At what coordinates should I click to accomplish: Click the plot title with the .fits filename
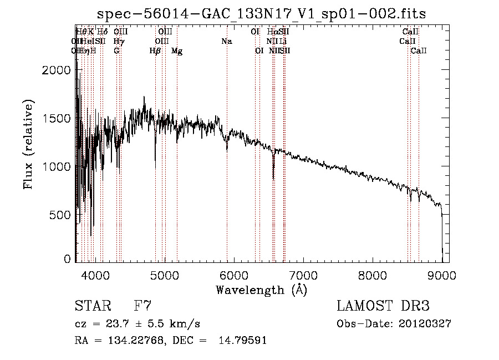point(262,14)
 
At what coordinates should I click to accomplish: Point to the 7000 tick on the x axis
point(303,275)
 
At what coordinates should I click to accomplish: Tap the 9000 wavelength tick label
point(441,275)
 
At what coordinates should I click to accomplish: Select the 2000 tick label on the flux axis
point(57,70)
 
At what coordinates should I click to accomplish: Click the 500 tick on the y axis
point(62,215)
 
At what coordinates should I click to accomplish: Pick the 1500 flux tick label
point(57,118)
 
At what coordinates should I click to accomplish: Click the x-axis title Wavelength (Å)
point(261,290)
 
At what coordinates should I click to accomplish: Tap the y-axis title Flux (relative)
point(28,144)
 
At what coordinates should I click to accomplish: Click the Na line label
point(226,42)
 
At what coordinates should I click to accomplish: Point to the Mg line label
point(177,51)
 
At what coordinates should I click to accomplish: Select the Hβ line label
point(155,51)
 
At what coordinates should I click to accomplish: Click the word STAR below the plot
point(94,306)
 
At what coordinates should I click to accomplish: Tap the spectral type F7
point(143,306)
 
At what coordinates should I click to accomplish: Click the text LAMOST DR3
point(383,306)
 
